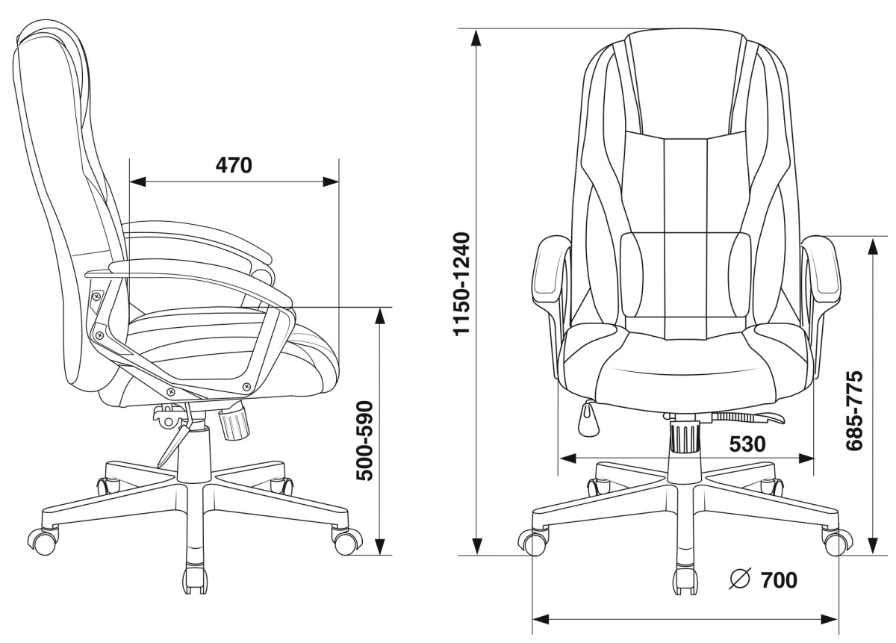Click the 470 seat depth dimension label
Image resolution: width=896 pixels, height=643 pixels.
point(234,165)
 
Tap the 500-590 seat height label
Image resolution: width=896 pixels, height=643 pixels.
point(365,441)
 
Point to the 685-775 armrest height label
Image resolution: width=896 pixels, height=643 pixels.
point(854,411)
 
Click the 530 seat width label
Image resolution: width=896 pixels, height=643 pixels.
point(747,444)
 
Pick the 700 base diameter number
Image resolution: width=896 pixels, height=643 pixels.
point(780,580)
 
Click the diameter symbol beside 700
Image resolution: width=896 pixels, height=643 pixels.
point(741,579)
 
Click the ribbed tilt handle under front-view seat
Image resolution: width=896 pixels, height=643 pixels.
point(747,417)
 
